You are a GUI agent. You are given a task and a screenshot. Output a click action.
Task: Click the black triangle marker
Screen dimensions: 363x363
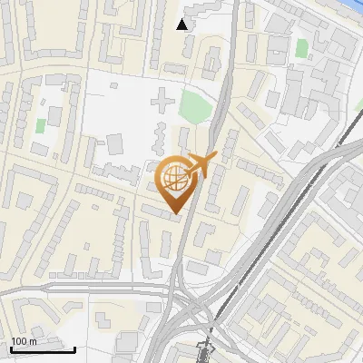pyautogui.click(x=183, y=25)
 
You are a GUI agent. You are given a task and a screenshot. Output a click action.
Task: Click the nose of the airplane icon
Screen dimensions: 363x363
pyautogui.click(x=215, y=158)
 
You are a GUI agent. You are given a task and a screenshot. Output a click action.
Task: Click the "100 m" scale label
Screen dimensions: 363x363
pyautogui.click(x=24, y=341)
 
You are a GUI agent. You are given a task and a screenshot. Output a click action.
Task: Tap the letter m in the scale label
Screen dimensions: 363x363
pyautogui.click(x=33, y=341)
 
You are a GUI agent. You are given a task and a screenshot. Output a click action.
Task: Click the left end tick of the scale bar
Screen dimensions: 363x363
pyautogui.click(x=10, y=348)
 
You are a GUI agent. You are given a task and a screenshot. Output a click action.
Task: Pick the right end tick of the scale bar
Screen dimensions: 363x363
pyautogui.click(x=75, y=348)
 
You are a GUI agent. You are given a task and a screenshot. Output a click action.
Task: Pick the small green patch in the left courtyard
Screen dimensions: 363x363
pyautogui.click(x=40, y=124)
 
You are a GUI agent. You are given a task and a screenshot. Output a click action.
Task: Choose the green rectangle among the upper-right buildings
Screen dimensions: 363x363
pyautogui.click(x=301, y=48)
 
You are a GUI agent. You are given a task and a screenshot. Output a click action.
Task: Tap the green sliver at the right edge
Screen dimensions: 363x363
pyautogui.click(x=359, y=105)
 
